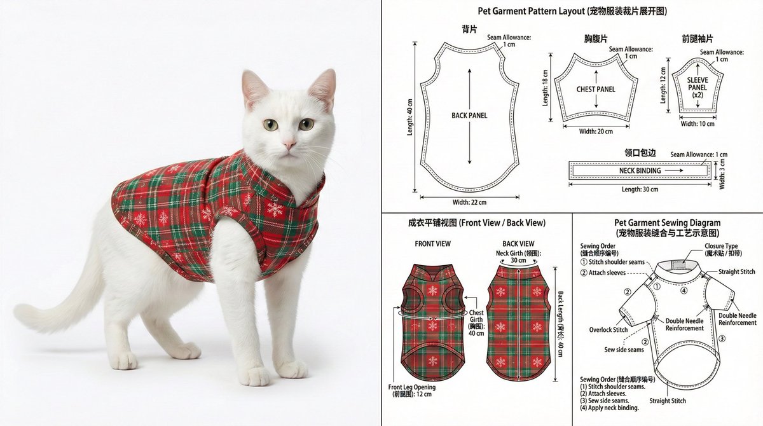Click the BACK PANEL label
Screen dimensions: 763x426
[x=469, y=116]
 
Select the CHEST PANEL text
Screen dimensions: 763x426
[x=596, y=89]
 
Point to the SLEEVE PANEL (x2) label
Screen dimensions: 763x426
[x=698, y=88]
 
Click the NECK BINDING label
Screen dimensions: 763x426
[x=640, y=170]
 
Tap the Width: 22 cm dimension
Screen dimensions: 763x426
[x=469, y=202]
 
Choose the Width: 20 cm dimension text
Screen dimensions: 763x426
[x=596, y=132]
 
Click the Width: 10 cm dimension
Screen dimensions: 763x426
[x=698, y=124]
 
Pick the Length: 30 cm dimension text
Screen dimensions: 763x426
[x=640, y=189]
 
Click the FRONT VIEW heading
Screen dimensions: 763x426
[x=432, y=244]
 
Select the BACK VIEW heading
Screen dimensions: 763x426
[x=518, y=244]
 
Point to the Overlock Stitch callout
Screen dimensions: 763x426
[x=608, y=329]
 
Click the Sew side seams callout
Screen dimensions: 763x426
[x=624, y=349]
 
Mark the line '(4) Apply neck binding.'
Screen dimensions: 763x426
[x=609, y=408]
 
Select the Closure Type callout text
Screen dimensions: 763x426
[x=721, y=246]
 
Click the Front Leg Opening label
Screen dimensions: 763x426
[x=412, y=387]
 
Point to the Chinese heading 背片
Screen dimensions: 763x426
[x=469, y=29]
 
